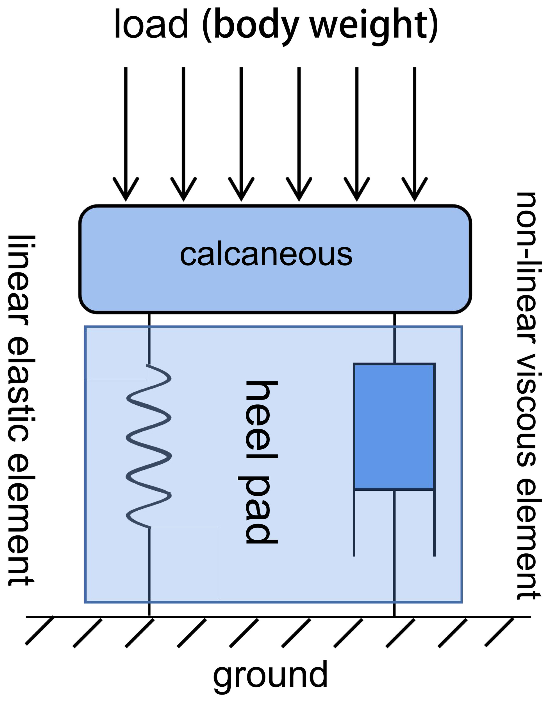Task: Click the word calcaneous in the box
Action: (266, 255)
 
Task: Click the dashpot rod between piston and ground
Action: (394, 548)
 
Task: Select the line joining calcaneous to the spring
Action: (149, 339)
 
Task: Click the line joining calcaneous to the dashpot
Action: (394, 339)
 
